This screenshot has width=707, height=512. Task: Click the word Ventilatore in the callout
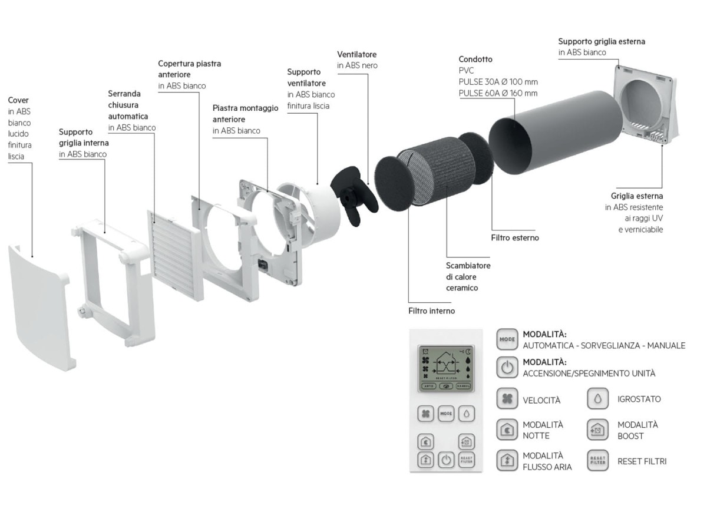pos(356,54)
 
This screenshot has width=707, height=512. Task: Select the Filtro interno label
pos(431,310)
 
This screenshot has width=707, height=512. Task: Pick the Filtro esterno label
pos(514,238)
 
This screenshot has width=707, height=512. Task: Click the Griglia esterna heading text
pos(636,196)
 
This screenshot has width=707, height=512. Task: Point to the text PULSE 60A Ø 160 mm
pos(498,93)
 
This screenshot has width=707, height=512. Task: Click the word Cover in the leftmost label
pos(18,100)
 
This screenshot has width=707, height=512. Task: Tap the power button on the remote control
pos(446,460)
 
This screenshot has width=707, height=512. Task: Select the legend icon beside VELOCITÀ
pos(507,399)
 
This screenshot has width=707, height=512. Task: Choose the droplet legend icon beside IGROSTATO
pos(597,399)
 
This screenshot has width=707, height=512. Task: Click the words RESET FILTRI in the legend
pos(642,461)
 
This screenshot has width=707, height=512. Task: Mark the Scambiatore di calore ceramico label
pos(468,276)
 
